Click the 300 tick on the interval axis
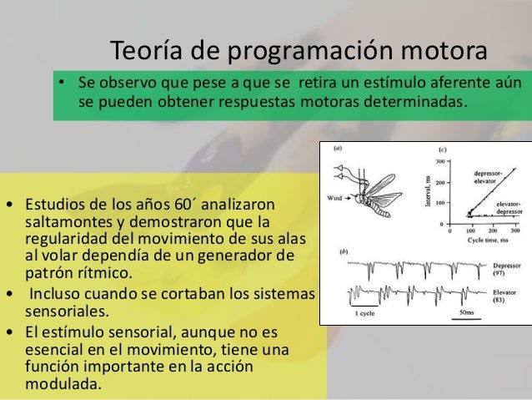coord(440,161)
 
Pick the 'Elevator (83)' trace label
coord(503,295)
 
